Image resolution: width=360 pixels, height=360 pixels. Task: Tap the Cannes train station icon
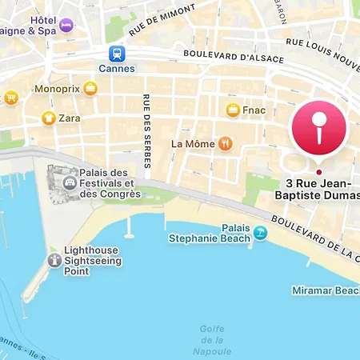118,54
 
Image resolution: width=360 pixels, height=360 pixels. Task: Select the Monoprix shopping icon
90,89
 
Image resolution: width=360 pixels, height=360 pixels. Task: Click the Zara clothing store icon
48,118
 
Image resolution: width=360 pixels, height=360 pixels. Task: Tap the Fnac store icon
233,110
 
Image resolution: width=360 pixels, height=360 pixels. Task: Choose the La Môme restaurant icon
226,143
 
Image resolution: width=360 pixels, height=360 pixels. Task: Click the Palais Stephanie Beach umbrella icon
260,233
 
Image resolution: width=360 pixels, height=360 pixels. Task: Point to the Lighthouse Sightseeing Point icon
54,260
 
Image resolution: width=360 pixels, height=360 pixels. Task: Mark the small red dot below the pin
318,172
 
